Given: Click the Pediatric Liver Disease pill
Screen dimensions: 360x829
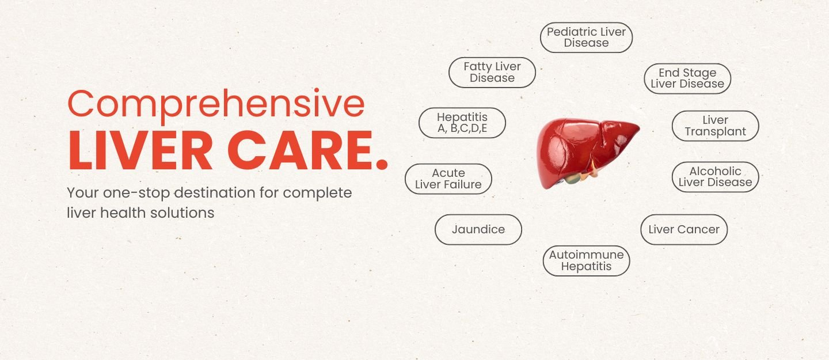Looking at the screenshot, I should [586, 37].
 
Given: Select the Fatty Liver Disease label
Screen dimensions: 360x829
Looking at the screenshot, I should [492, 73].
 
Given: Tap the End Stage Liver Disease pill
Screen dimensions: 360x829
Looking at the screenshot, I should [687, 78].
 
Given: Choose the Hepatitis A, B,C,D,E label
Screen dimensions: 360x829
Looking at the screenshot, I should [462, 123].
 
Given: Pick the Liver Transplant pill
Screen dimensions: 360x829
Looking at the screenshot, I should [715, 126].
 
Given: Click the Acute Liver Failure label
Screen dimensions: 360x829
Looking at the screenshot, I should [448, 179].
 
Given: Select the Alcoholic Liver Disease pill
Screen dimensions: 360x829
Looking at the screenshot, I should [715, 177].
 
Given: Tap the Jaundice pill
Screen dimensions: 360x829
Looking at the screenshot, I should [478, 229].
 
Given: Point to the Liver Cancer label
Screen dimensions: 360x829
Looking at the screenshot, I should [684, 229].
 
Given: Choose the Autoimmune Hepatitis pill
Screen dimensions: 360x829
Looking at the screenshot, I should [586, 260].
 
